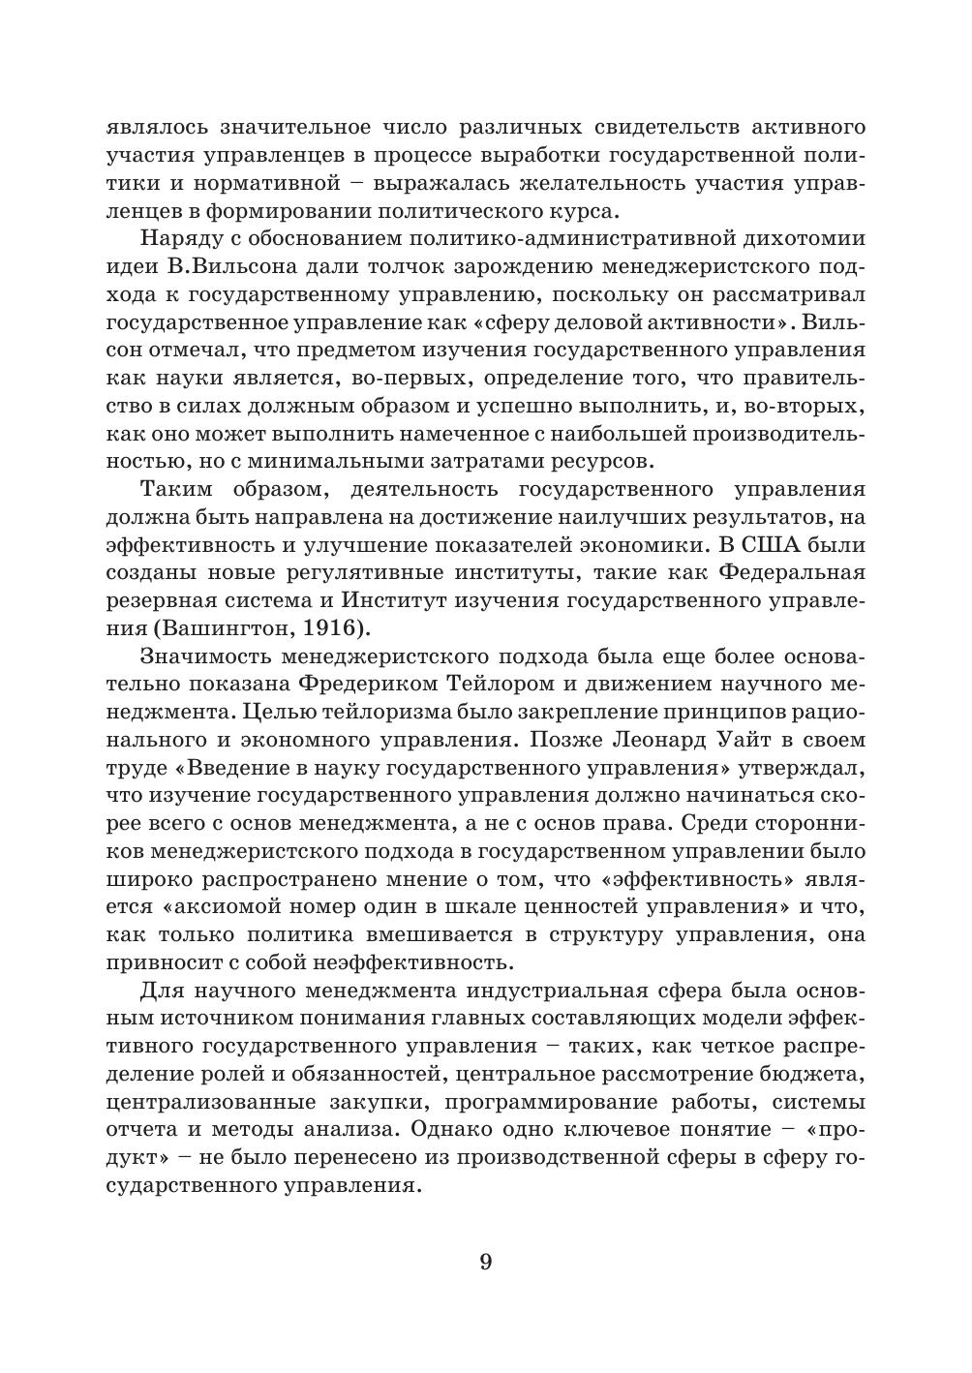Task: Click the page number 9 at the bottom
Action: tap(486, 1262)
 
